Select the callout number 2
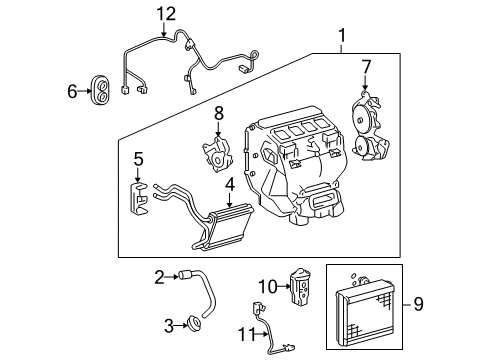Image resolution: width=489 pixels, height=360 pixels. pos(158,277)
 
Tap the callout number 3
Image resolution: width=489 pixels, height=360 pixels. pos(158,323)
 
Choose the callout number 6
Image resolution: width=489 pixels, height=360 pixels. pos(72,91)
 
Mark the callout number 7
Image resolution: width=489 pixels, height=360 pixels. pos(366,67)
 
